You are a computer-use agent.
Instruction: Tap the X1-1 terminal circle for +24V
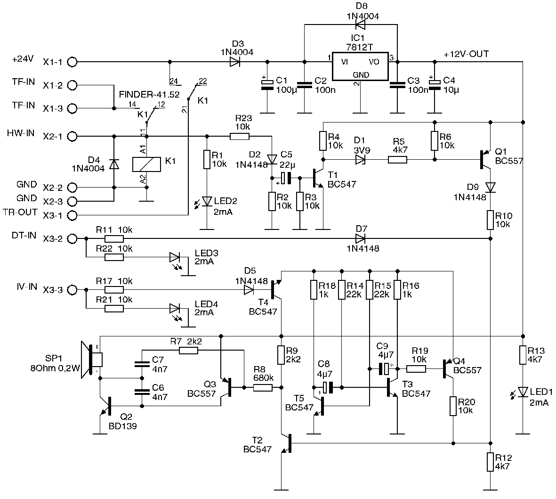pos(72,62)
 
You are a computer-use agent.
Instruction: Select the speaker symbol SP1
pos(91,360)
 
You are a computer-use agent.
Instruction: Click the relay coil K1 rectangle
pos(147,164)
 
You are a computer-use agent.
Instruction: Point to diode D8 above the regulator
pos(361,25)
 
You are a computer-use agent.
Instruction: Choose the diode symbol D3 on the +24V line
pos(235,62)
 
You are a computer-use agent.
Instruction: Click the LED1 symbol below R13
pos(523,392)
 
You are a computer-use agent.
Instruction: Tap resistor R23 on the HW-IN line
pos(240,136)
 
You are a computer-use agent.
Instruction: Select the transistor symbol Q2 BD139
pos(106,406)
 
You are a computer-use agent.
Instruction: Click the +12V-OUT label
pos(466,54)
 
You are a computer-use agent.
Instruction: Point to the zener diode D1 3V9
pos(360,160)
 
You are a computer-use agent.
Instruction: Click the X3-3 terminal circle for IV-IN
pos(72,290)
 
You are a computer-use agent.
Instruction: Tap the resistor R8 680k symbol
pos(263,387)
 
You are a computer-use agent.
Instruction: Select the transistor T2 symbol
pos(287,443)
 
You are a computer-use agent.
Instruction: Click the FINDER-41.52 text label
pos(149,95)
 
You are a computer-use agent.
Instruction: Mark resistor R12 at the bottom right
pos(490,462)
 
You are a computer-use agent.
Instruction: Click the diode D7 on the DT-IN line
pos(361,238)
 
